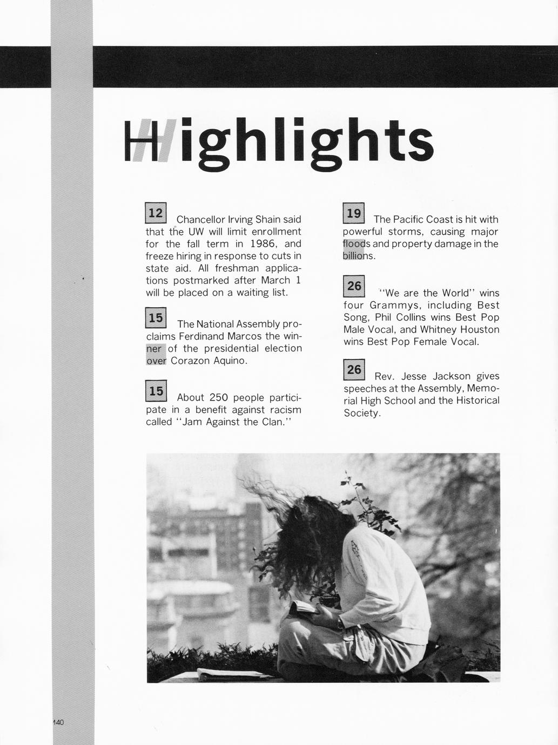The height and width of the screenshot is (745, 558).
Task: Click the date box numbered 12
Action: click(x=156, y=213)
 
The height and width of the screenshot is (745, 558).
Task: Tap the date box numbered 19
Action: click(x=354, y=213)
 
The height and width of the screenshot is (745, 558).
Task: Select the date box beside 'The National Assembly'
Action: click(x=156, y=318)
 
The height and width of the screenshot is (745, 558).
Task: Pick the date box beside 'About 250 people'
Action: click(x=156, y=391)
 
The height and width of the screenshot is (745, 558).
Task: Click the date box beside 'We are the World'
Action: click(x=354, y=286)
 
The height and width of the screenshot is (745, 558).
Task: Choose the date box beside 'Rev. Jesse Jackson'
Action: click(x=354, y=369)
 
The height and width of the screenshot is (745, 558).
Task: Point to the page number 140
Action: click(x=58, y=722)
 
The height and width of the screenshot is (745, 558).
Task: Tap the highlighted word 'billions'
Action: click(x=358, y=256)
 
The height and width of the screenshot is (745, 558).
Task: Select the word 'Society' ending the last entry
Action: click(x=362, y=413)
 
